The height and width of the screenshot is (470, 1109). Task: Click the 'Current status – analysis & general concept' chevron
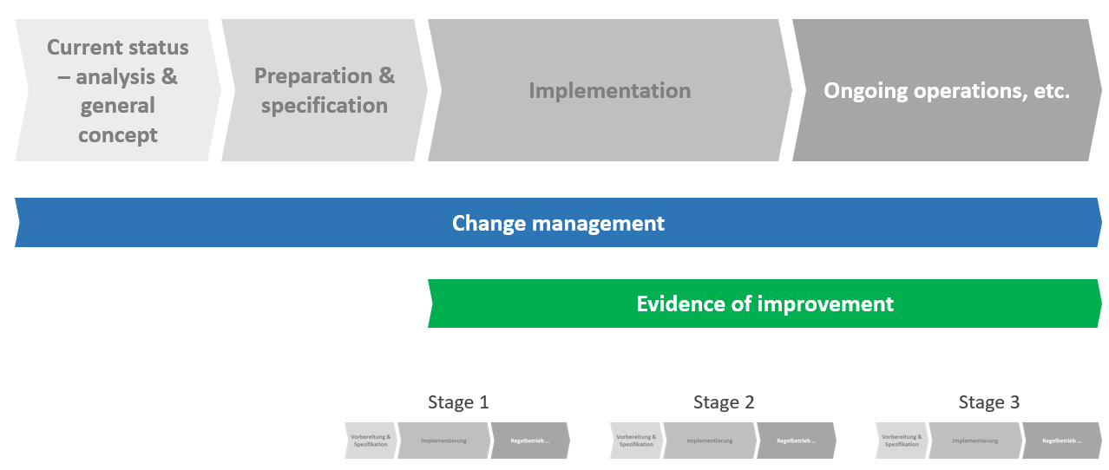tap(117, 91)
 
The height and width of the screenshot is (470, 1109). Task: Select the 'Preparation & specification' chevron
tap(324, 90)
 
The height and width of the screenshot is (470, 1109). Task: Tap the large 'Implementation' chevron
tap(609, 90)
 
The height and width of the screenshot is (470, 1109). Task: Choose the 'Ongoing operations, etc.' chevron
tap(946, 90)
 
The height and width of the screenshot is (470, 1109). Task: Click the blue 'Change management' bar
tap(558, 223)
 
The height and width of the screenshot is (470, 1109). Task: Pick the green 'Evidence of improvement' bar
tap(764, 304)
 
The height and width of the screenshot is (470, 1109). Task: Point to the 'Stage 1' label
tap(458, 402)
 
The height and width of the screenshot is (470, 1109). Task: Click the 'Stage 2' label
tap(724, 402)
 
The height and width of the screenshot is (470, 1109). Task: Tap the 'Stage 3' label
tap(989, 402)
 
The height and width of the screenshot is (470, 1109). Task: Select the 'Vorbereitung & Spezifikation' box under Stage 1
tap(371, 441)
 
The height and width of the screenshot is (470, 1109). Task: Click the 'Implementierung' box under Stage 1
tap(443, 441)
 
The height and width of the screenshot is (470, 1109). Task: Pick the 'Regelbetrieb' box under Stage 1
tap(529, 441)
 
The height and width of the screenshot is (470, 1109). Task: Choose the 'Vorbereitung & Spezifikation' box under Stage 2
tap(636, 441)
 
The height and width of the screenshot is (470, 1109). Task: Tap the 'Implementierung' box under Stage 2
tap(709, 441)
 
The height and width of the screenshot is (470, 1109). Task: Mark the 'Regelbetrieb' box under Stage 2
tap(795, 441)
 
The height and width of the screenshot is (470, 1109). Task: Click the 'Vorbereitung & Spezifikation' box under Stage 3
tap(902, 441)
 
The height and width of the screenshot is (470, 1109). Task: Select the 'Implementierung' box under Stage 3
tap(974, 441)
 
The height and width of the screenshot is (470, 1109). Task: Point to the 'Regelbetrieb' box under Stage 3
tap(1060, 441)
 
